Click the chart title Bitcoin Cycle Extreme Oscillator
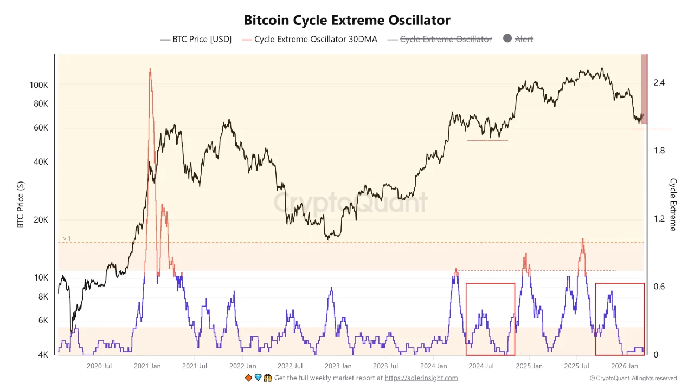click(x=347, y=21)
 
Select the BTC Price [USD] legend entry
click(x=196, y=39)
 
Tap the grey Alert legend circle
click(x=507, y=38)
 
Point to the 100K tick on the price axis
click(x=39, y=86)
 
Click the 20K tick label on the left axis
click(x=41, y=220)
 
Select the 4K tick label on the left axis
click(x=42, y=355)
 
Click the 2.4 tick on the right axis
click(x=659, y=83)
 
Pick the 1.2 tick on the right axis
click(x=659, y=219)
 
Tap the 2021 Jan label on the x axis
click(x=147, y=366)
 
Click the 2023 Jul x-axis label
click(x=385, y=366)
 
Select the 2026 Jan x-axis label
click(x=624, y=366)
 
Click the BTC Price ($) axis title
click(x=21, y=205)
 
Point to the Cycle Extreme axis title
click(x=673, y=205)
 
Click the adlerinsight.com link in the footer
click(x=421, y=378)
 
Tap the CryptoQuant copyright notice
click(x=633, y=378)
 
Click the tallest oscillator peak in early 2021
click(x=150, y=69)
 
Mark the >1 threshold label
click(x=67, y=239)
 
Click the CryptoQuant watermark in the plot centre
click(x=350, y=203)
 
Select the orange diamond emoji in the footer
click(x=248, y=378)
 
